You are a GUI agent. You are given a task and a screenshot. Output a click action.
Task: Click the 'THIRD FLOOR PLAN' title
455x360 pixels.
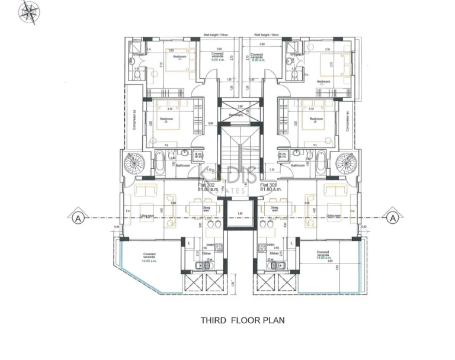tap(242, 320)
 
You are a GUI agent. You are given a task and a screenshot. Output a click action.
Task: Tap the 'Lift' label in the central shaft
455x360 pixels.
tap(240, 213)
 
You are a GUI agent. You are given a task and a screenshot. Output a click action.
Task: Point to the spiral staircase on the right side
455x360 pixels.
tap(344, 162)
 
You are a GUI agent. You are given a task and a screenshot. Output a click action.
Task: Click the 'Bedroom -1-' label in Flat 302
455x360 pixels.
tap(180, 57)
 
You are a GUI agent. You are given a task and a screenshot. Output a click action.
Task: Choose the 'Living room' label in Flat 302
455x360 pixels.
tap(148, 217)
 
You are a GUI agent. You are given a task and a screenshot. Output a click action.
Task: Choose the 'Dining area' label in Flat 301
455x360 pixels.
tap(275, 209)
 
